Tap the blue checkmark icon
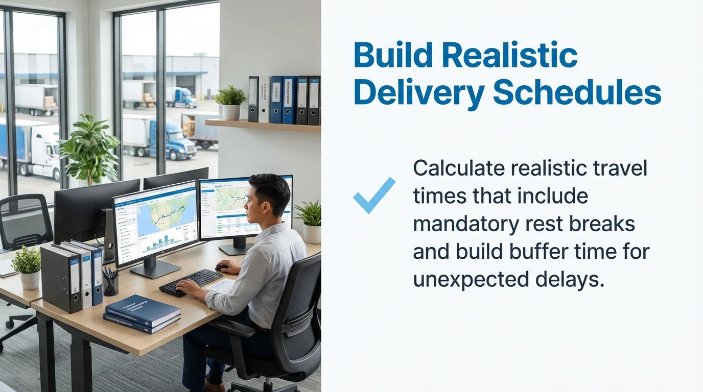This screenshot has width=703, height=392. pos(374,195)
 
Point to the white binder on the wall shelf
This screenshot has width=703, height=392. pos(264,99)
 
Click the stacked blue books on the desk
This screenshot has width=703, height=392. pos(143,313)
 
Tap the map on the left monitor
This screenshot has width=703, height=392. pos(163,210)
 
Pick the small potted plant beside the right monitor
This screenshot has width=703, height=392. pos(311,220)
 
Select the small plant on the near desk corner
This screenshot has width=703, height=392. pos(28,266)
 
